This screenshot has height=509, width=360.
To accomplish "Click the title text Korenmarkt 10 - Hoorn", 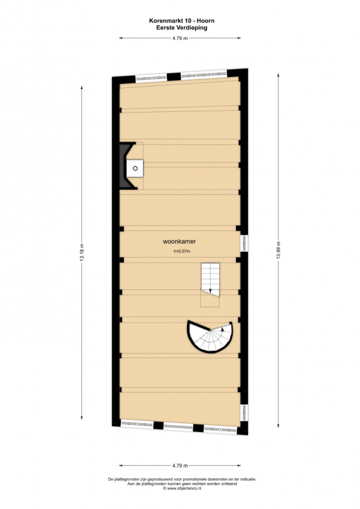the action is (x=182, y=21).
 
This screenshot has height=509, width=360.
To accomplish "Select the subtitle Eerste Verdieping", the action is (x=182, y=27).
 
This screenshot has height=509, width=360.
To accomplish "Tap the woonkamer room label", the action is (x=179, y=242).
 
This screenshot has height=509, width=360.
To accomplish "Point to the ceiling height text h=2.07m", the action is (x=182, y=251).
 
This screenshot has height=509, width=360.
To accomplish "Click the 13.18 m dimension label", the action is (x=81, y=252).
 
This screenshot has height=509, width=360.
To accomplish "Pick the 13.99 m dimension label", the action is (x=278, y=250).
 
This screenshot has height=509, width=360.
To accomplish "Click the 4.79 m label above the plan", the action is (x=180, y=38).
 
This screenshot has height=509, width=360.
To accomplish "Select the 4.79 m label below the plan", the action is (x=180, y=466).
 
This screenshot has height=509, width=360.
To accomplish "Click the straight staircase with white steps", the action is (x=211, y=280).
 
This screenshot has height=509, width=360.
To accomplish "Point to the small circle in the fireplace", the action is (x=135, y=168).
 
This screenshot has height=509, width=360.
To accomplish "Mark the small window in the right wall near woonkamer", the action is (x=245, y=243).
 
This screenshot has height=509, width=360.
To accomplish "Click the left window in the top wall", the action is (x=151, y=78).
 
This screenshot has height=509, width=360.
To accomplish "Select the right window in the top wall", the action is (x=204, y=75).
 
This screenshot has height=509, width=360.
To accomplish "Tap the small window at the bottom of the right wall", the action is (x=245, y=413).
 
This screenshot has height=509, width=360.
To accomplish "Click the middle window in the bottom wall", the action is (x=178, y=426).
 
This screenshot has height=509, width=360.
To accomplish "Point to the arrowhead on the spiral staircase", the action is (x=223, y=328).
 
